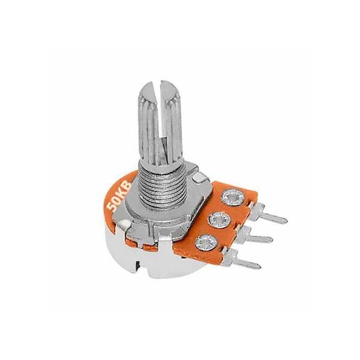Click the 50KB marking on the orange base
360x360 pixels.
119,197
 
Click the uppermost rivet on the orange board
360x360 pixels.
232,197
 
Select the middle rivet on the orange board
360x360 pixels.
219,220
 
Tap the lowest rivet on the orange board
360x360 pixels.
206,242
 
